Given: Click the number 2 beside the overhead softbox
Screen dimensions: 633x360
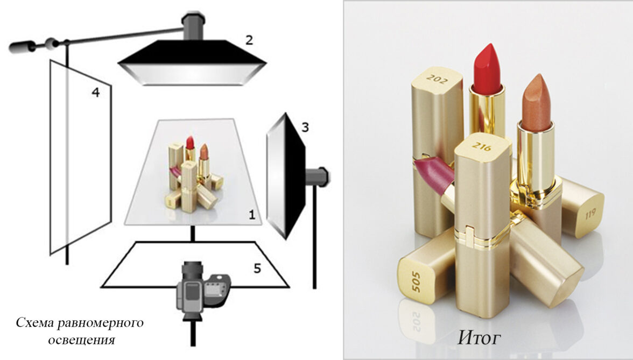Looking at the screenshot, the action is (x=249, y=40).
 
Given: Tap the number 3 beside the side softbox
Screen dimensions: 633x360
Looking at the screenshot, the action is (x=305, y=128).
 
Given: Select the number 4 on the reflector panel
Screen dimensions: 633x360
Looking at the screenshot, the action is (x=95, y=93).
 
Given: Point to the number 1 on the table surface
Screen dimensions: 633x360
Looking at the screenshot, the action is (x=252, y=215).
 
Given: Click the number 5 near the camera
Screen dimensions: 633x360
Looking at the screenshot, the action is (x=257, y=269).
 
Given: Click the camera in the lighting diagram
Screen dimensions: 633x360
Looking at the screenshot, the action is (x=202, y=291).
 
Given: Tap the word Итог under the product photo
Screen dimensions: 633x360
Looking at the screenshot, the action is (x=479, y=338).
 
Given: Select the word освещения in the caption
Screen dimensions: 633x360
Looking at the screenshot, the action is (x=82, y=340).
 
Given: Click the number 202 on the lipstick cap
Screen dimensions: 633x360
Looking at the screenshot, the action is (x=437, y=79).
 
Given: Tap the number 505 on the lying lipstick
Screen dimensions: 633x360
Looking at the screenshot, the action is (x=416, y=281).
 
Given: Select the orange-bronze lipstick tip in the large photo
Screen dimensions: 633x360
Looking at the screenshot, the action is (x=537, y=101).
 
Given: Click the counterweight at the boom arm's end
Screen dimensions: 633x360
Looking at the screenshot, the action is (x=19, y=47).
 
